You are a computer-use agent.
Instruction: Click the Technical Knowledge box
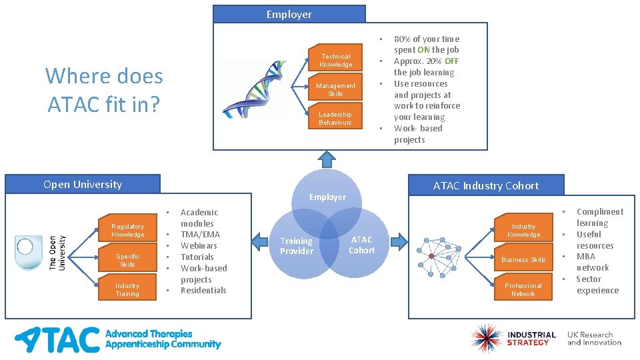point(336,61)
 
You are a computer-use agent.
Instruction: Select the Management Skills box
point(336,89)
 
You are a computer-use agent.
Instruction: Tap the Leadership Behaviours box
point(335,118)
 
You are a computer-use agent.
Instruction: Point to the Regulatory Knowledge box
point(127,231)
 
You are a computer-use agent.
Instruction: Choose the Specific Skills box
point(127,260)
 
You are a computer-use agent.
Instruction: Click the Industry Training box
point(127,289)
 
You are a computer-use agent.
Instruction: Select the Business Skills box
point(523,260)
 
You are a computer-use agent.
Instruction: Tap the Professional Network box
point(523,289)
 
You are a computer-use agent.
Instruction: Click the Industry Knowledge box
point(523,231)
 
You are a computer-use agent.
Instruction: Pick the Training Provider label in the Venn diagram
point(297,246)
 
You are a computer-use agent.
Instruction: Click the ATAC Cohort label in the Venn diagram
point(362,245)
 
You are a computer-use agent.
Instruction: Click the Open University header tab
point(83,185)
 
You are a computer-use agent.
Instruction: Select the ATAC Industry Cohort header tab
point(486,185)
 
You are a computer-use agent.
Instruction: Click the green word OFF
point(452,61)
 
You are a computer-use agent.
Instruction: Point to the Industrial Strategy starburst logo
point(485,338)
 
